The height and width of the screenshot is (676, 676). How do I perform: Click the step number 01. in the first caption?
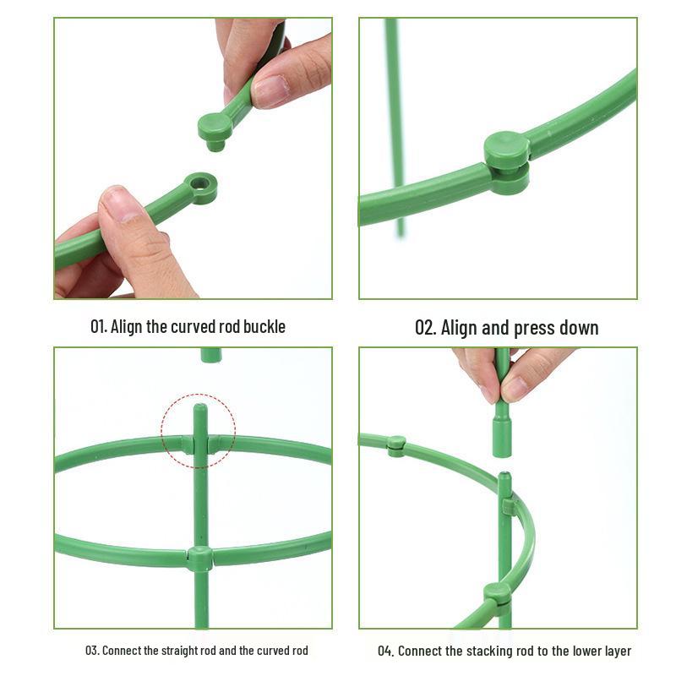point(99,327)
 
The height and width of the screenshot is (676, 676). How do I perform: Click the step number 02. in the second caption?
point(424,328)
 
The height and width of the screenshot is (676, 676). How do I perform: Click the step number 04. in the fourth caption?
point(385,651)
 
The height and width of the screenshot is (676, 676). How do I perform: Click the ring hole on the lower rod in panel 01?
point(201,183)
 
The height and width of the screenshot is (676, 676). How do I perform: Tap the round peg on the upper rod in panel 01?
point(215,129)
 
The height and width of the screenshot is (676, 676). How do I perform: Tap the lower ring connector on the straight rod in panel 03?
point(200,558)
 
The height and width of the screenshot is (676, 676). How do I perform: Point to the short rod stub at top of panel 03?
point(210,355)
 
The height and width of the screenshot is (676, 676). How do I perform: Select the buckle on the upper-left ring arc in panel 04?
point(396,444)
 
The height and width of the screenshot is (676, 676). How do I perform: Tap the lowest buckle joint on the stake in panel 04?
point(498,593)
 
